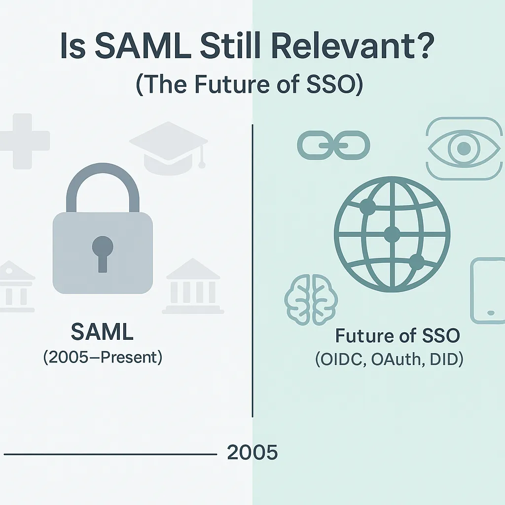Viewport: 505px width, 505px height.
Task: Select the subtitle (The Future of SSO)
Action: click(249, 84)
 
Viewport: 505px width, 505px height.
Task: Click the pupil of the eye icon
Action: click(463, 147)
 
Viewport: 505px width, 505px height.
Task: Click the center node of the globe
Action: click(392, 234)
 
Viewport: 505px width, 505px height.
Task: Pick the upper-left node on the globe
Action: click(367, 207)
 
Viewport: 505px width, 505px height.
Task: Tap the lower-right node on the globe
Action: click(417, 262)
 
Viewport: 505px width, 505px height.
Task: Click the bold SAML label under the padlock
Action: click(102, 333)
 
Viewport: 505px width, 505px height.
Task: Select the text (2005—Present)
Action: click(102, 357)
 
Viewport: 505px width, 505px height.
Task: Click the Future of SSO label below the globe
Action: click(397, 336)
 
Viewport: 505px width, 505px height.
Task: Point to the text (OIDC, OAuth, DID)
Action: click(389, 360)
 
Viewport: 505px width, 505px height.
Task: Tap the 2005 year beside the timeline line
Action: click(252, 452)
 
